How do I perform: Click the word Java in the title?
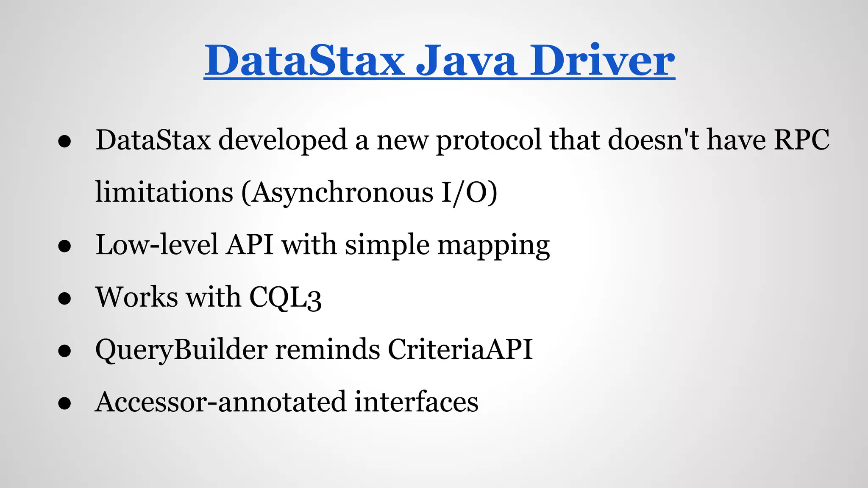tap(466, 61)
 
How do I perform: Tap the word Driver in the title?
tap(602, 61)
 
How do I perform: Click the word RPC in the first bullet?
tap(801, 140)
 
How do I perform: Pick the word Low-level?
tap(157, 245)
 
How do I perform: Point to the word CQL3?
tap(285, 298)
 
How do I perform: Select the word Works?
tap(137, 297)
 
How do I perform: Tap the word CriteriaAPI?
tap(460, 350)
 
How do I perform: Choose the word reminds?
tap(328, 350)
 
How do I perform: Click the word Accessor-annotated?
tap(220, 402)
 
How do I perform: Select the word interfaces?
tap(416, 402)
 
